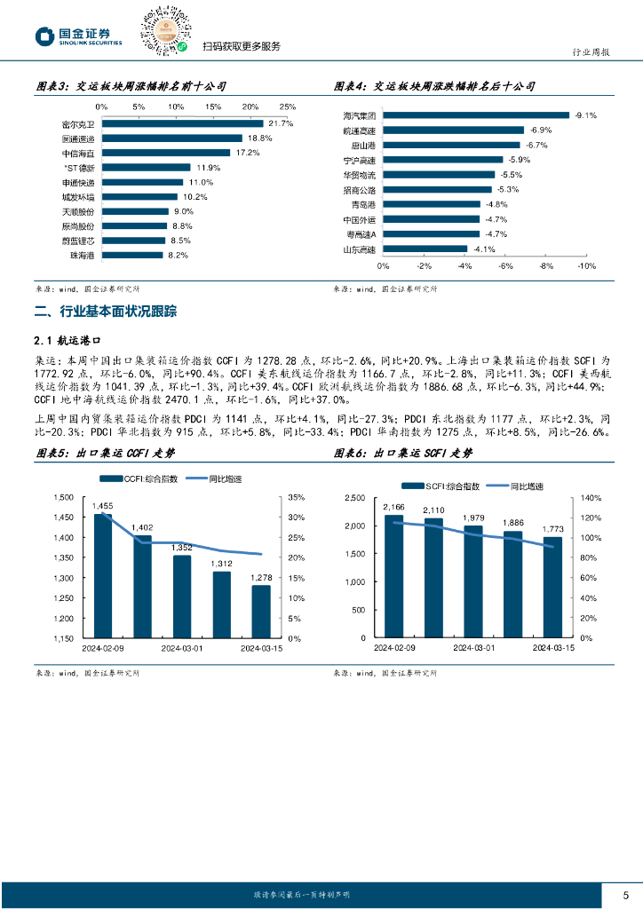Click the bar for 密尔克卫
tap(182, 123)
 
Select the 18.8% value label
tap(259, 138)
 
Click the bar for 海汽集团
tap(476, 115)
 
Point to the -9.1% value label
tap(585, 115)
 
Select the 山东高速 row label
tap(361, 249)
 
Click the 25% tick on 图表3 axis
tap(288, 107)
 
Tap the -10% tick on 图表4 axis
tap(586, 266)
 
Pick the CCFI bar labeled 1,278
tap(261, 612)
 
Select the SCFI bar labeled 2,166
tap(394, 577)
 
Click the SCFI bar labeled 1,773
tap(552, 588)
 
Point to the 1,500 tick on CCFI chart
tap(63, 497)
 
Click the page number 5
tap(625, 894)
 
